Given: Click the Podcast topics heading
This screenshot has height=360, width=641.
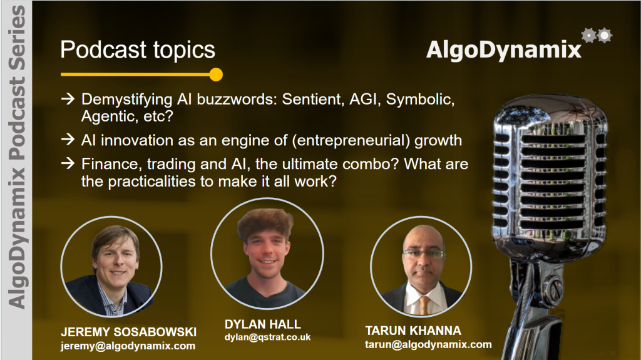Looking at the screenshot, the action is pos(138,50).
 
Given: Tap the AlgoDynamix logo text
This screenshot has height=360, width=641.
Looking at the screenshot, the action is pos(504,50).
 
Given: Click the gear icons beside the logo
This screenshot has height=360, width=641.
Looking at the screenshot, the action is pos(597,36).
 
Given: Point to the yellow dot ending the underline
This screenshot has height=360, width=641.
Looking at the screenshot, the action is pos(216,75).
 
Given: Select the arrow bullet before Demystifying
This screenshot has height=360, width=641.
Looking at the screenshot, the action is pos(68,98).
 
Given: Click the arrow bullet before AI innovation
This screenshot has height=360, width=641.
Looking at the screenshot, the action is pos(68,140).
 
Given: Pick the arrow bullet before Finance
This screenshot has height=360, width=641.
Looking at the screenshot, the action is pos(68,163).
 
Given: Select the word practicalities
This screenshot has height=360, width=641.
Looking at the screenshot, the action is pos(151,181).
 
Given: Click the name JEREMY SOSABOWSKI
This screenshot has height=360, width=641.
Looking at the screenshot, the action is pos(129,332).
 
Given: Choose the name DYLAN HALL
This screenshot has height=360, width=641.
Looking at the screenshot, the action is pos(263,324).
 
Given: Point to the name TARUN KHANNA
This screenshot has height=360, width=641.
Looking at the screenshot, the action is pos(413,331).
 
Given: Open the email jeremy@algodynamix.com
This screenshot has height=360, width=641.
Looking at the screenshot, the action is pos(128,346).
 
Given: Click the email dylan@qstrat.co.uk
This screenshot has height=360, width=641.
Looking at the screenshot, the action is pos(268,337).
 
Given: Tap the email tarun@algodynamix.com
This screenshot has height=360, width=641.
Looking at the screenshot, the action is pos(428,344).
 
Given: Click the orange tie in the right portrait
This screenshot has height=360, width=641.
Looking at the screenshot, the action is pos(424,305).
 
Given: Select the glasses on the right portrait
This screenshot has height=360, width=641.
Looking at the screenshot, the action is pos(424,254).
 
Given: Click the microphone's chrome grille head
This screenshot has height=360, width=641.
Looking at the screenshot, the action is pos(550,176).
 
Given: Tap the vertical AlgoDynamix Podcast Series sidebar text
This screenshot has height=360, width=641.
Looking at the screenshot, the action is pos(16,157).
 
